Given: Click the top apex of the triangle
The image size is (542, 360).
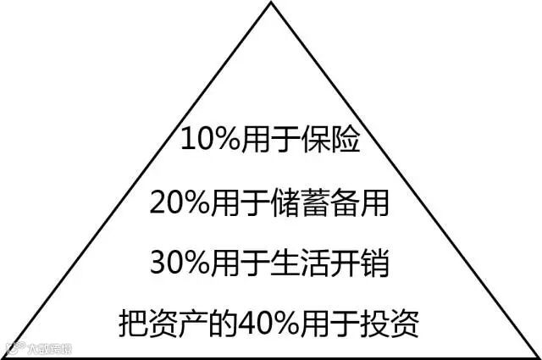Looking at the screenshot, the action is coord(271,3).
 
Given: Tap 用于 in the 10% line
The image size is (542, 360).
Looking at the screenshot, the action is coord(270,139).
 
